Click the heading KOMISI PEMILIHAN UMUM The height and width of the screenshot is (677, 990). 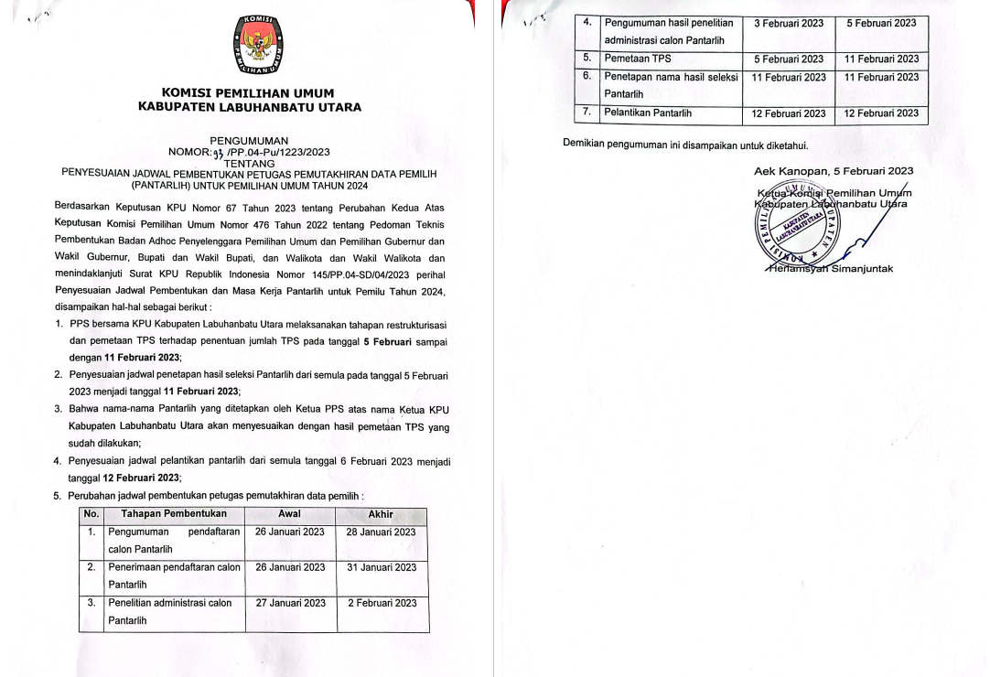pyautogui.click(x=248, y=92)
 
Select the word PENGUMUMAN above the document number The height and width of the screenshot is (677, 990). pyautogui.click(x=249, y=139)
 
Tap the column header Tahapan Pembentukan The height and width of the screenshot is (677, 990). pyautogui.click(x=174, y=514)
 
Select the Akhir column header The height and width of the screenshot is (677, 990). pyautogui.click(x=380, y=514)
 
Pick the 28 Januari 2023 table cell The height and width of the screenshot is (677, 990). pyautogui.click(x=381, y=532)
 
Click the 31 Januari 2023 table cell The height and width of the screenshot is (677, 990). pyautogui.click(x=381, y=567)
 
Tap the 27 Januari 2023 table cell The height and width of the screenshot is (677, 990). pyautogui.click(x=290, y=603)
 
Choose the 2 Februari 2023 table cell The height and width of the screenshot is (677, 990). pyautogui.click(x=381, y=603)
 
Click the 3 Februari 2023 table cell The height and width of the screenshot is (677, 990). pyautogui.click(x=788, y=22)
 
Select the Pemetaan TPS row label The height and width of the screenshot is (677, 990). pyautogui.click(x=637, y=59)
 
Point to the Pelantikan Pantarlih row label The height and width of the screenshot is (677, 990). pyautogui.click(x=648, y=113)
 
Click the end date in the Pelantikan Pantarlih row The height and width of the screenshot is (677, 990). pyautogui.click(x=881, y=113)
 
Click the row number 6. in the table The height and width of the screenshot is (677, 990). pyautogui.click(x=588, y=76)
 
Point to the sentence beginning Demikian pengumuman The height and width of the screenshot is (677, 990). pyautogui.click(x=685, y=145)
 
